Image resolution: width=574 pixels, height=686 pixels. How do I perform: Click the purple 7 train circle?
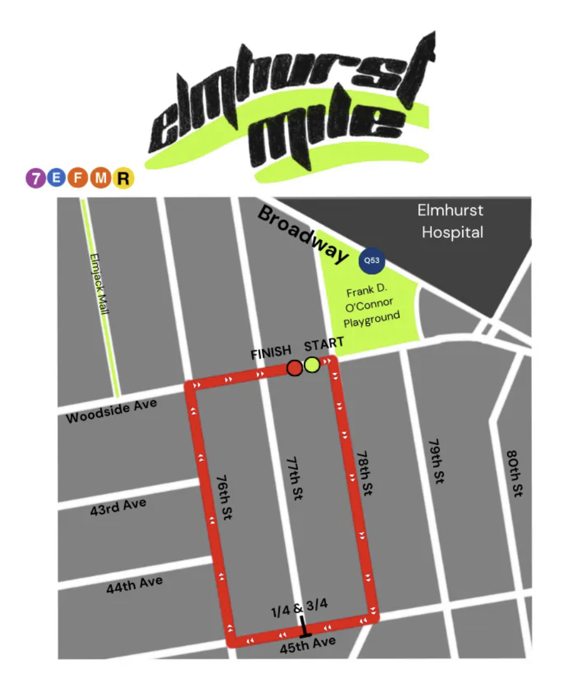click(x=36, y=178)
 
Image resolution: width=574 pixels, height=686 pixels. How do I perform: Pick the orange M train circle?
click(x=101, y=178)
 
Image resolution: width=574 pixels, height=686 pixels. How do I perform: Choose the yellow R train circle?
click(x=124, y=178)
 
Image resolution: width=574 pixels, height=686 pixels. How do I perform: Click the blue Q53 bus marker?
click(x=371, y=260)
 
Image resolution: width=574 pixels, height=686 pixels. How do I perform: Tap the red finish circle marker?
click(x=295, y=367)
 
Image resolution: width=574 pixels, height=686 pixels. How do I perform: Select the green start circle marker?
click(x=312, y=365)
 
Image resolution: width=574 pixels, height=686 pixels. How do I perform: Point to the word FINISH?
click(x=271, y=353)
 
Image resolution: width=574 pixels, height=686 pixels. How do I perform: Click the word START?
click(x=324, y=343)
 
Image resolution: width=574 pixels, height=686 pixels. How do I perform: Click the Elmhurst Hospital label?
click(x=450, y=221)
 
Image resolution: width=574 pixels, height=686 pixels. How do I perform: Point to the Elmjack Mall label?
click(x=99, y=284)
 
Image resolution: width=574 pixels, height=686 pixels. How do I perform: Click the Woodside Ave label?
click(x=111, y=410)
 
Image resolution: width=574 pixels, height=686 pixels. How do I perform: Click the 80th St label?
click(x=515, y=473)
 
